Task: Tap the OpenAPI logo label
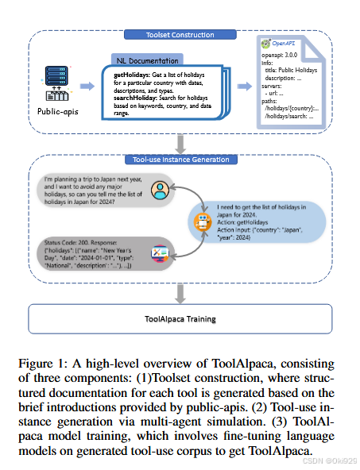point(278,46)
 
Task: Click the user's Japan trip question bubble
point(91,191)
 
